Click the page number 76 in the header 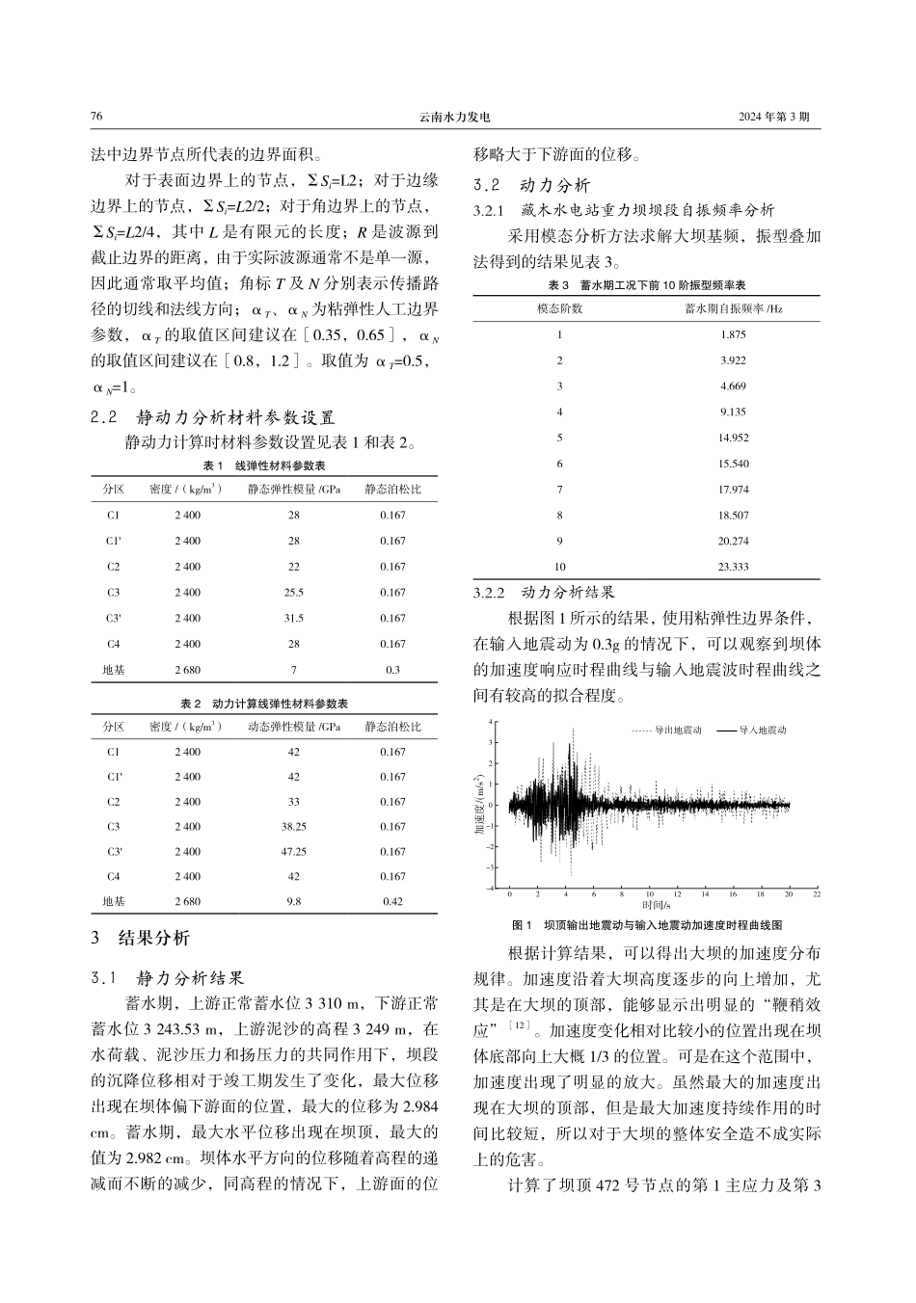click(96, 116)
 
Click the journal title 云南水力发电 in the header click(457, 116)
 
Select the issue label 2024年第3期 click(774, 116)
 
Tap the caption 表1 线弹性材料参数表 click(263, 465)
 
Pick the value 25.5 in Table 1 click(293, 593)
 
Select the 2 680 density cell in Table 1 click(188, 670)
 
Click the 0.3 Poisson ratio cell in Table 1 click(392, 670)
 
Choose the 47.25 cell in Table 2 click(293, 852)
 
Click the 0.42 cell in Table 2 click(392, 902)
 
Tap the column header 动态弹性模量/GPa click(294, 727)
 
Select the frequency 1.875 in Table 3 click(733, 334)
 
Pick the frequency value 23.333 click(733, 567)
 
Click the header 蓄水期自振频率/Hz click(733, 308)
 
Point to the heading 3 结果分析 click(140, 938)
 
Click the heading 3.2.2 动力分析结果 click(544, 592)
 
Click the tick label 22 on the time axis click(817, 894)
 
